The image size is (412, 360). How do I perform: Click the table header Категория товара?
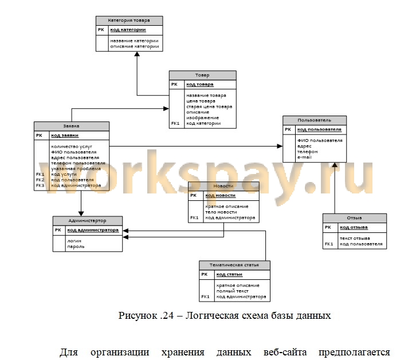click(x=129, y=20)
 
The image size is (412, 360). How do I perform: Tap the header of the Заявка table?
click(x=72, y=126)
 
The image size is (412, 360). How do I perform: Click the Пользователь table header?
click(x=315, y=120)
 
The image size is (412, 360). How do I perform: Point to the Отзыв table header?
click(x=354, y=217)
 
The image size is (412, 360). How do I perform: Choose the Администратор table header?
click(x=87, y=220)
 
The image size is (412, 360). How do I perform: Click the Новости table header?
click(x=223, y=186)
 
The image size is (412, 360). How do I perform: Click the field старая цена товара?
click(x=209, y=106)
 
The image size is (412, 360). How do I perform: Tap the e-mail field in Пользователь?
click(x=304, y=156)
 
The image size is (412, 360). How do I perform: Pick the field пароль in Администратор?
click(x=76, y=246)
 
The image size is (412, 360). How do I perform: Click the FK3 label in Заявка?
click(x=40, y=185)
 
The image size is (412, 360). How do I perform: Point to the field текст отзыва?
click(x=355, y=238)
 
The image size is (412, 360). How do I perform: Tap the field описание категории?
click(x=134, y=46)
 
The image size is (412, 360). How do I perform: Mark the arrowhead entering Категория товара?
click(x=136, y=54)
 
